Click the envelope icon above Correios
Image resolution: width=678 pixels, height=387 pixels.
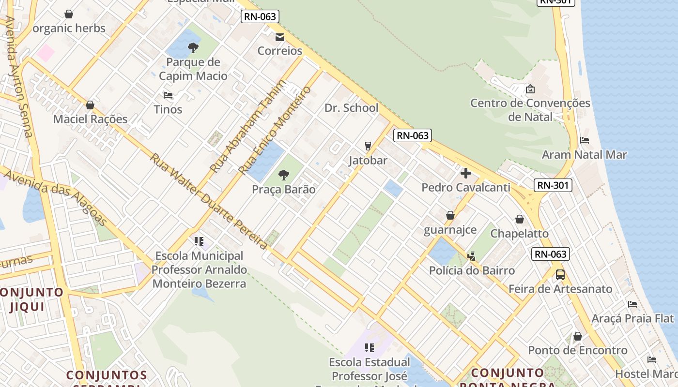point(279,37)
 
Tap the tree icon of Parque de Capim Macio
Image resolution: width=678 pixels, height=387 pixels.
point(193,47)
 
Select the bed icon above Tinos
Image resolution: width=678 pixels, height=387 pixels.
point(168,95)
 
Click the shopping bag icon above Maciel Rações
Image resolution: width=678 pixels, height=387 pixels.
point(90,105)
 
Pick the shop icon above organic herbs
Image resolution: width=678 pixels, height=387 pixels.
point(69,14)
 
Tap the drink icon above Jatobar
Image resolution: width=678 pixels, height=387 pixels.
point(368,146)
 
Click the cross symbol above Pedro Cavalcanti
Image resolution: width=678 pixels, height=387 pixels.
point(466,173)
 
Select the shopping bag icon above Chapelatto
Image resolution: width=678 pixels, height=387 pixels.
point(520,219)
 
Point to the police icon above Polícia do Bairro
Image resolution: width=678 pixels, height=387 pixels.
point(472,256)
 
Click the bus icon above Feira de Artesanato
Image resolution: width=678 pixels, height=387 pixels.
point(560,275)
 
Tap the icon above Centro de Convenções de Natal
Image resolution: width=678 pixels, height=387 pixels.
point(530,89)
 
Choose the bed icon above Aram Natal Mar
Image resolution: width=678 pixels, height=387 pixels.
point(585,141)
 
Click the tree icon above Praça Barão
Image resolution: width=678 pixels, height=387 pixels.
point(284,175)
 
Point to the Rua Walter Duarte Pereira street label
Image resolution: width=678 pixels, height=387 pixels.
point(208,201)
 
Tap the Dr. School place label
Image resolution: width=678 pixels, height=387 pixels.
point(352,108)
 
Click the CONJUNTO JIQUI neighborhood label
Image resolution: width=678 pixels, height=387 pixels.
point(30,299)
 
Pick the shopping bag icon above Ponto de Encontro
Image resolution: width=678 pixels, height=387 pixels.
point(577,336)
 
